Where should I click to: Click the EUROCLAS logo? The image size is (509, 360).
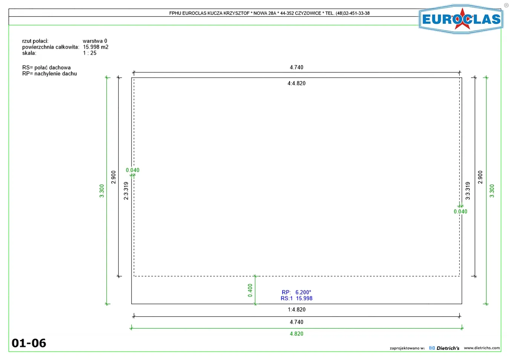click(x=461, y=19)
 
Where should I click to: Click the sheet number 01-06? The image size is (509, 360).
click(x=29, y=343)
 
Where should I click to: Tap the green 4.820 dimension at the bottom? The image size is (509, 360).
click(x=296, y=334)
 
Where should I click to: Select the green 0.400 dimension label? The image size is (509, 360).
click(x=250, y=290)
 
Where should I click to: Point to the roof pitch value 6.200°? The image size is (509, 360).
click(x=303, y=292)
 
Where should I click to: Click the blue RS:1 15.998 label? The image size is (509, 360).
click(x=296, y=298)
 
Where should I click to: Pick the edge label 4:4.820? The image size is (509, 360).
click(x=296, y=83)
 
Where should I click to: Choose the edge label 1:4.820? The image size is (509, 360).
click(x=296, y=309)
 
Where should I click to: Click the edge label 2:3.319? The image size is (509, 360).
click(x=126, y=191)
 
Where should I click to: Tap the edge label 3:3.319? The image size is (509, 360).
click(x=468, y=191)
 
